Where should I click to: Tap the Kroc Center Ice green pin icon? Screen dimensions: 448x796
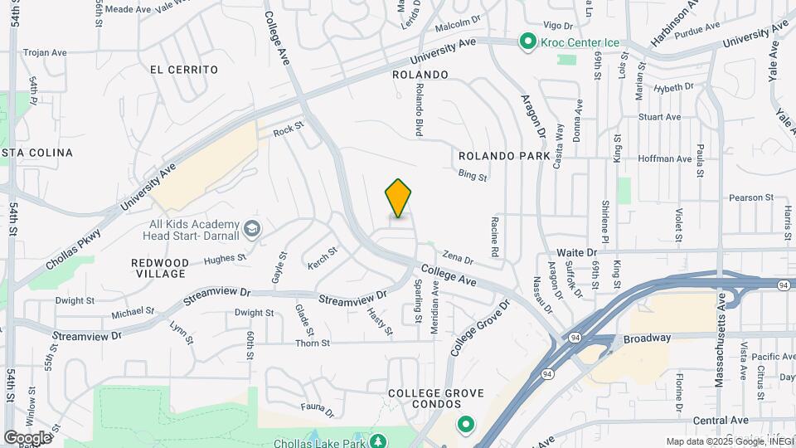click(527, 41)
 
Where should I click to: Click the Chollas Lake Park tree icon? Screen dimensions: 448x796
click(378, 441)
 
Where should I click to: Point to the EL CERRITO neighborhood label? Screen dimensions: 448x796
click(184, 70)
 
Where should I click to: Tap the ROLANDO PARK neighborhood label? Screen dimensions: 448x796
click(504, 156)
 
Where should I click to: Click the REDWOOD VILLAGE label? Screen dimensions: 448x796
click(160, 268)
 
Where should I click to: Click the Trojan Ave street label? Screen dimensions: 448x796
click(45, 52)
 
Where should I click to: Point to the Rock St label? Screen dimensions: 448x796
click(289, 129)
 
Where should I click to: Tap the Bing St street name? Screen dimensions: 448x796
click(473, 176)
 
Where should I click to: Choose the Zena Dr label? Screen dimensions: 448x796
click(458, 259)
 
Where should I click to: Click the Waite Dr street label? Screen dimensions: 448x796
click(577, 251)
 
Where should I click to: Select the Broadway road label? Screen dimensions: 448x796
click(648, 338)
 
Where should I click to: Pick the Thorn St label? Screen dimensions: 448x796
click(313, 343)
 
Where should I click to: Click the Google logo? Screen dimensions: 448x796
click(27, 437)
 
